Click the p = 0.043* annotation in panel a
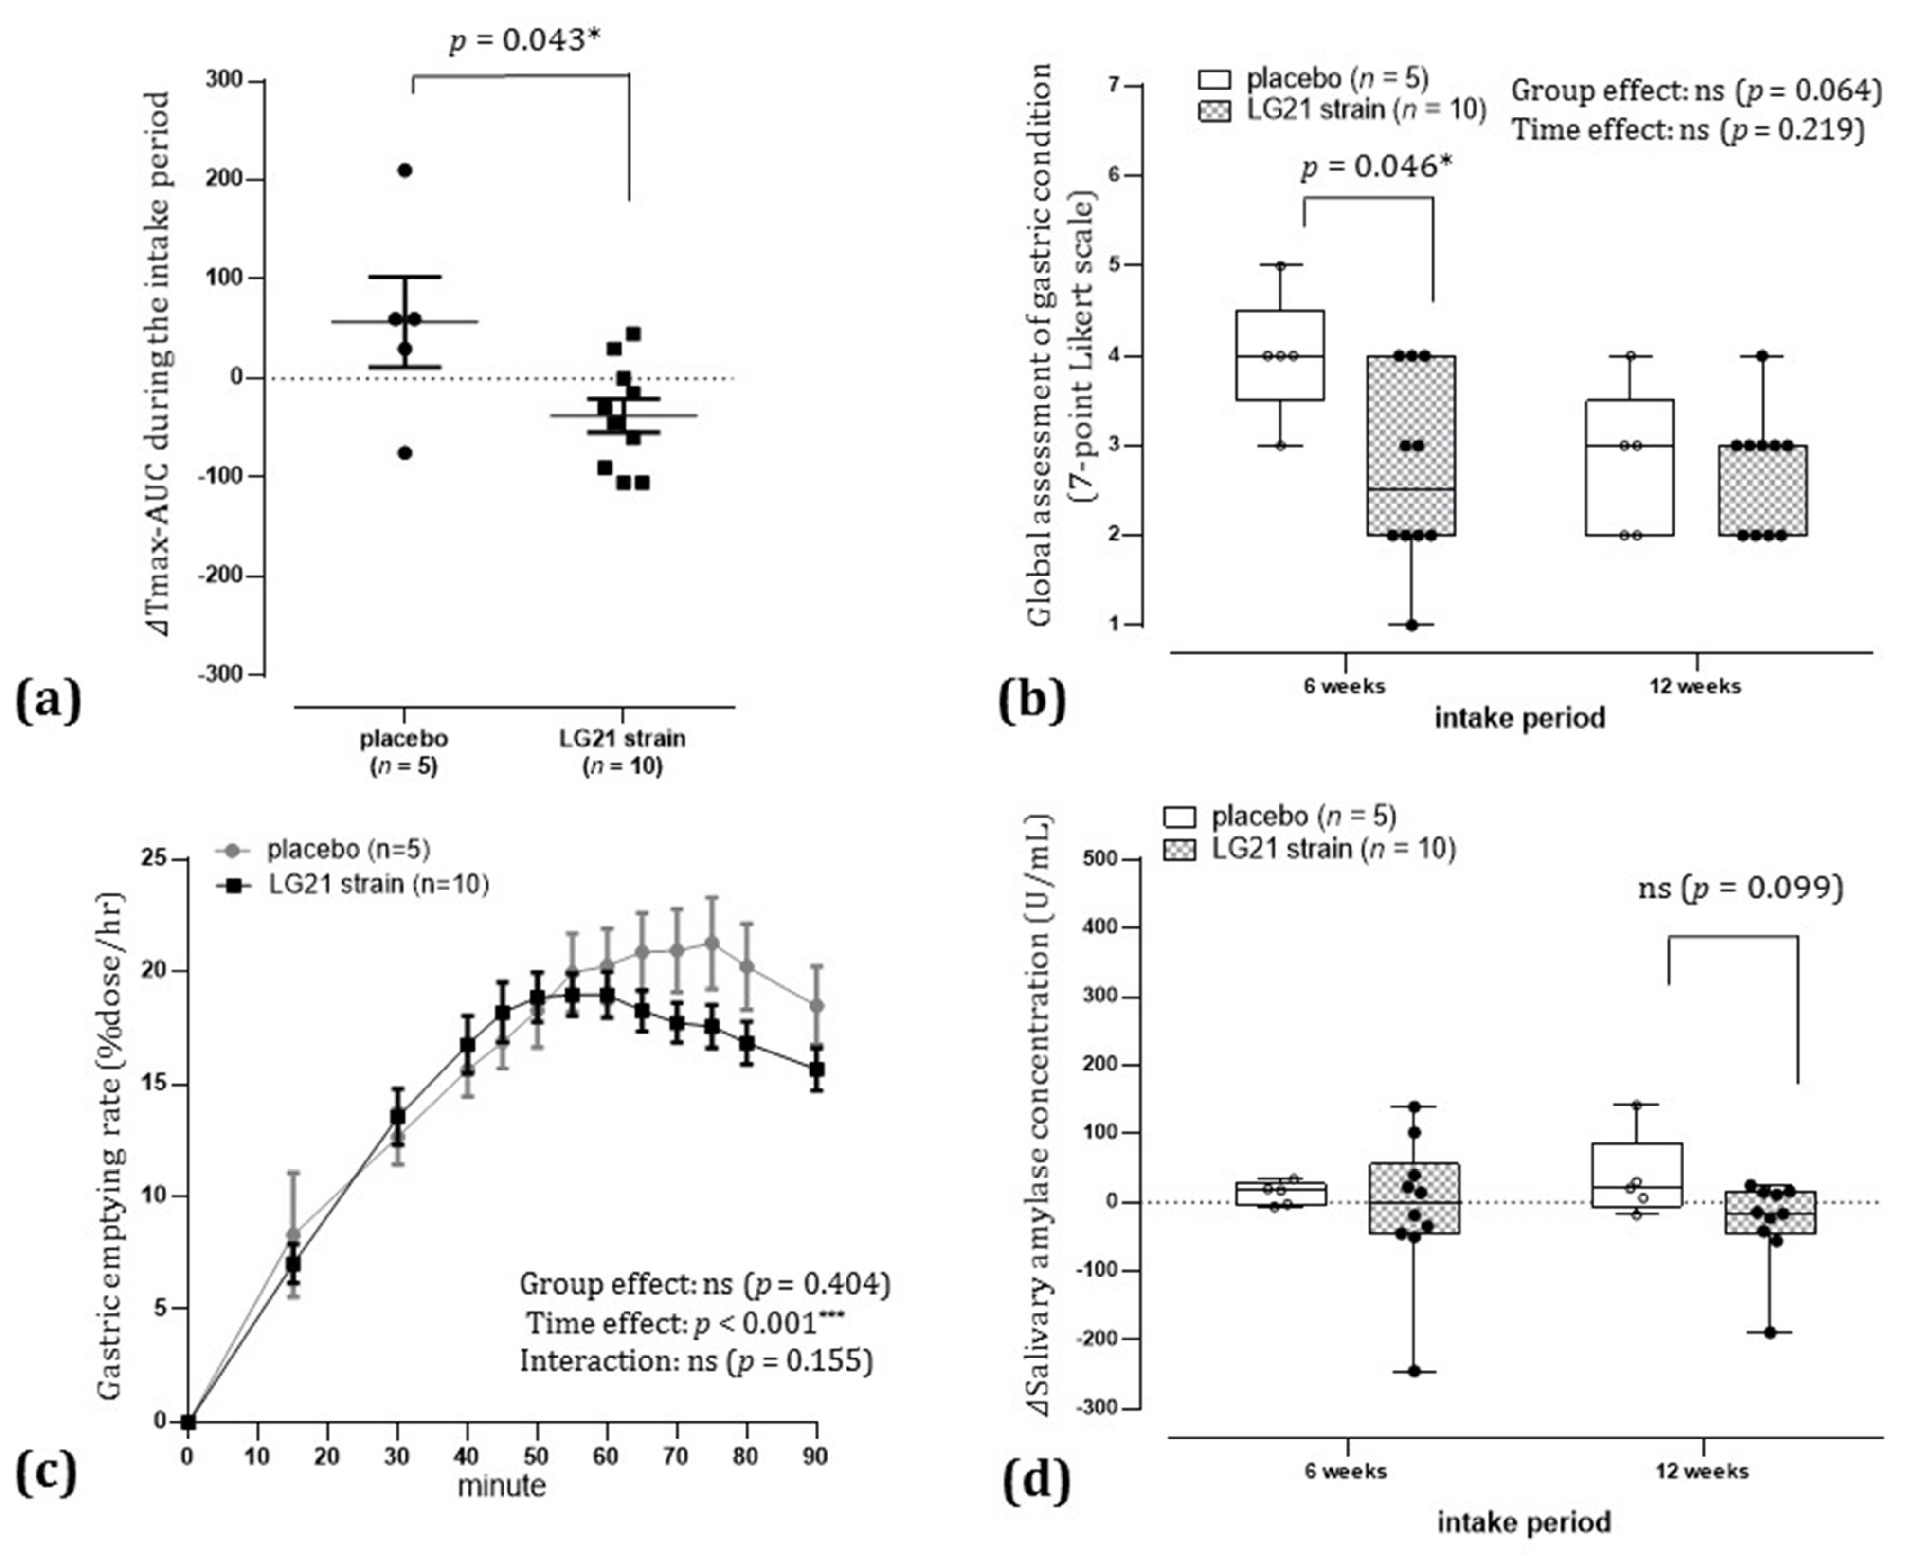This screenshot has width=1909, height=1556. [x=523, y=39]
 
